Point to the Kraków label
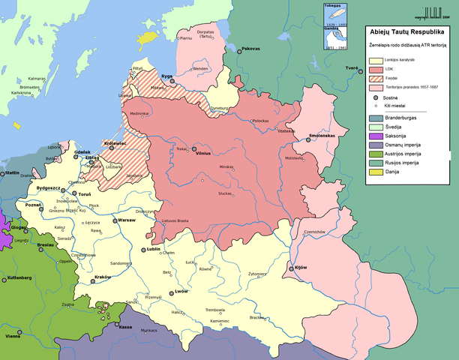coord(103,277)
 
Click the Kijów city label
coord(301,267)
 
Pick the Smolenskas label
coord(324,136)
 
